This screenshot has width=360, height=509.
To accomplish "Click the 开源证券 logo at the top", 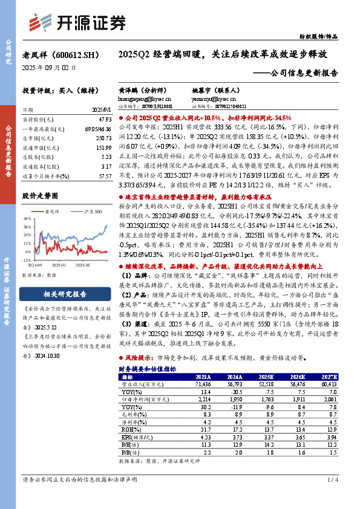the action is pyautogui.click(x=85, y=23).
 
